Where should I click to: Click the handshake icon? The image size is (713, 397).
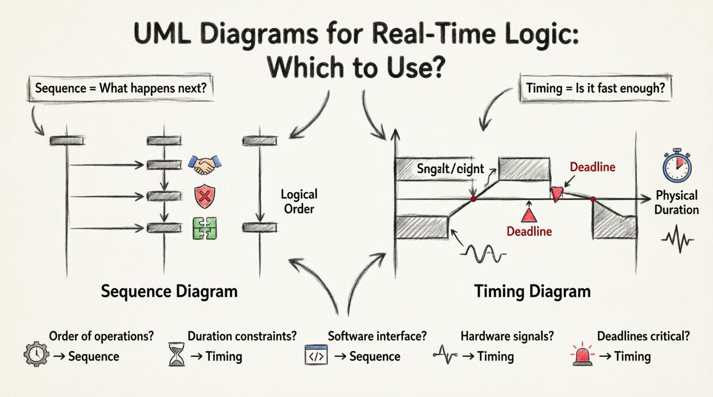point(205,165)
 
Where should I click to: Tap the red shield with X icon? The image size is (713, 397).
point(205,197)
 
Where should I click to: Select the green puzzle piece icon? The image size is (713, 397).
point(205,228)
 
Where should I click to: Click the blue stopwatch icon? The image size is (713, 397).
point(677,166)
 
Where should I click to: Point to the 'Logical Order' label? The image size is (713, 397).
point(299,201)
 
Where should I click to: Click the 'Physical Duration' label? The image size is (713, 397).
point(676,202)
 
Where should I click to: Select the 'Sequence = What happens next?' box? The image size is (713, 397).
point(120,89)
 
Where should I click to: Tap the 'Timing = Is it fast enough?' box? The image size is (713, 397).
point(595,89)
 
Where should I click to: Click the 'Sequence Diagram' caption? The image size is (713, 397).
point(169,291)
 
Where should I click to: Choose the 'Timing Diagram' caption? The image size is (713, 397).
point(532,291)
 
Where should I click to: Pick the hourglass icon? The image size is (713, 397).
point(177,355)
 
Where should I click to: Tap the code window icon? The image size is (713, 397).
point(316,355)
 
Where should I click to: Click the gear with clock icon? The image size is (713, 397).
point(36,354)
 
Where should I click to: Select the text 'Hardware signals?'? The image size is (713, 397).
point(507,336)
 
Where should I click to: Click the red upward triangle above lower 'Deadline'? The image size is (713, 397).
point(529,214)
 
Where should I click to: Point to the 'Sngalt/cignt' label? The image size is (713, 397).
point(450,169)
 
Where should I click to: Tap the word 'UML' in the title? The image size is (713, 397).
point(162,34)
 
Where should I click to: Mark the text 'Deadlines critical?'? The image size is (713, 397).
point(643,336)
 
